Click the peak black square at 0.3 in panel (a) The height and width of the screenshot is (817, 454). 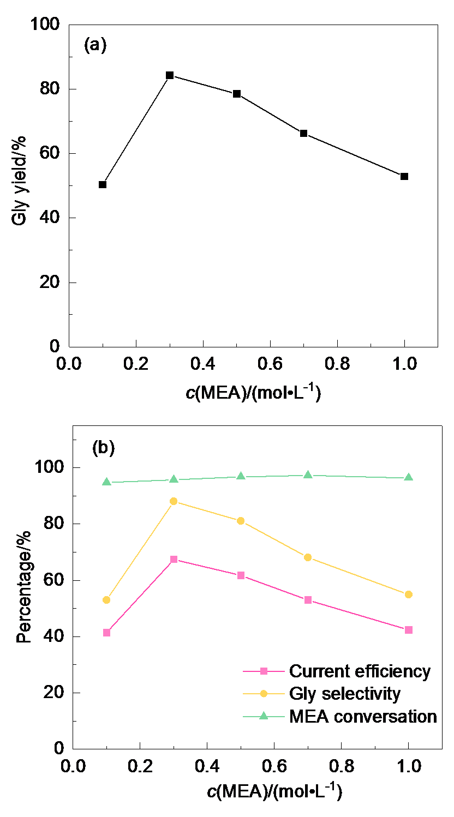[170, 75]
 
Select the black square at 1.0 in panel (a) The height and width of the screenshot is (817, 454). [404, 176]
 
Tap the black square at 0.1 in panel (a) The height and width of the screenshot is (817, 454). [103, 184]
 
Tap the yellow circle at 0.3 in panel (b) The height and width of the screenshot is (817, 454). [174, 501]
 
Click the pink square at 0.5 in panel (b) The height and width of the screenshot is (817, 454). [241, 575]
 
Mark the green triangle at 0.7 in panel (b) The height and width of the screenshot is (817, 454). [308, 474]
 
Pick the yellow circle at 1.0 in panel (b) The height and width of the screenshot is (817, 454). [408, 594]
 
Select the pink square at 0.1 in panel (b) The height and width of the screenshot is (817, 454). [106, 633]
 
